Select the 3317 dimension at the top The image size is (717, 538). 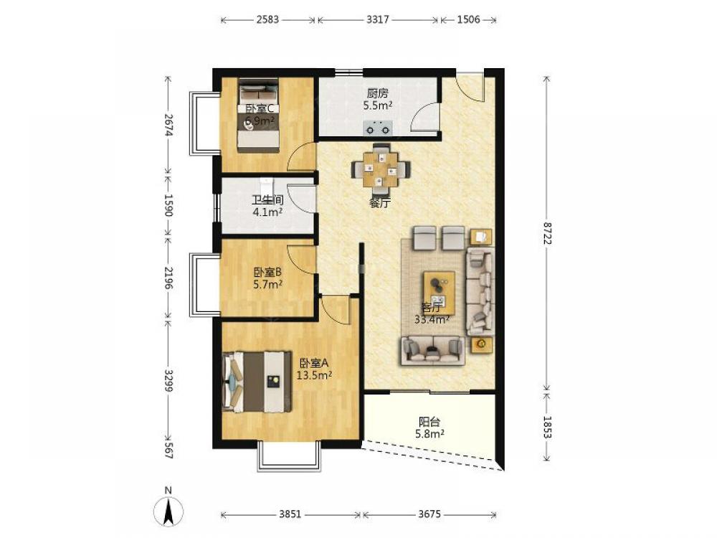click(x=378, y=19)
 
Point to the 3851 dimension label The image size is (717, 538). click(x=290, y=514)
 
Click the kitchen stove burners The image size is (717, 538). click(x=378, y=128)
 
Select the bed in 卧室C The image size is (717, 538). click(x=258, y=116)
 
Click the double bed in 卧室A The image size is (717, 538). click(x=257, y=382)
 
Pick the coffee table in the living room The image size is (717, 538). click(x=439, y=293)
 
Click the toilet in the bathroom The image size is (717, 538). click(x=266, y=187)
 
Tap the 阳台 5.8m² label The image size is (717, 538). click(x=429, y=428)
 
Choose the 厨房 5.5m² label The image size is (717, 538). click(x=378, y=99)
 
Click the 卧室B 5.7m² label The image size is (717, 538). click(x=267, y=278)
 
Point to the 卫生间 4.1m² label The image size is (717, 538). click(x=267, y=206)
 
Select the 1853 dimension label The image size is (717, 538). click(x=546, y=427)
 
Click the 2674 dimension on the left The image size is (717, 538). click(x=168, y=125)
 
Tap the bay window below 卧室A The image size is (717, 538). click(x=288, y=456)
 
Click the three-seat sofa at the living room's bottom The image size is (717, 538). click(x=432, y=351)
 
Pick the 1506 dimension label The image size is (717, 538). click(x=469, y=19)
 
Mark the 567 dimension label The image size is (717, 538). click(x=168, y=450)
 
